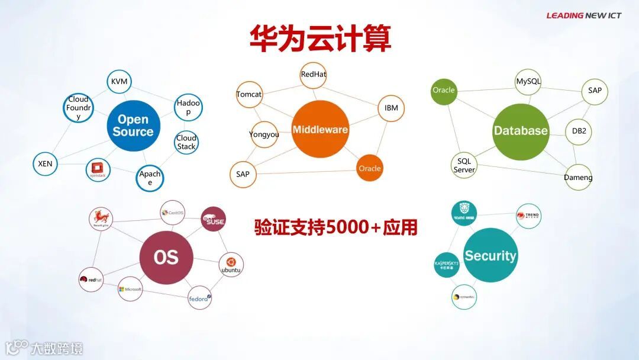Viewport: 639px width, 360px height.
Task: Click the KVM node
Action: [120, 82]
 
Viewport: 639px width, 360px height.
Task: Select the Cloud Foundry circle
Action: [78, 108]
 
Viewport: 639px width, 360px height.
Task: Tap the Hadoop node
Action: [189, 108]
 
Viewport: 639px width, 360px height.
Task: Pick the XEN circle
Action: [45, 164]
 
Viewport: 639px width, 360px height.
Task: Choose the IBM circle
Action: [391, 108]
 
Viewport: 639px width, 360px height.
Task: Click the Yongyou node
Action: [264, 134]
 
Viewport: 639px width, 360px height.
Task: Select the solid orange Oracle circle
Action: [370, 169]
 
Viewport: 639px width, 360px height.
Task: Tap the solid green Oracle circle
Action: [444, 91]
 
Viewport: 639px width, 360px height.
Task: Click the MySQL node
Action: [528, 82]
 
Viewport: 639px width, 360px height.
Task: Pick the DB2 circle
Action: [579, 131]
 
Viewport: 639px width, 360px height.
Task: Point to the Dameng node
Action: [578, 177]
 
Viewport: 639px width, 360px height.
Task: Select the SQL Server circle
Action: [464, 166]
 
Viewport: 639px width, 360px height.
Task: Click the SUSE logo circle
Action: [213, 219]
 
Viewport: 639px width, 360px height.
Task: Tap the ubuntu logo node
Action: [231, 265]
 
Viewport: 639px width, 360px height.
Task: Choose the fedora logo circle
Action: [200, 297]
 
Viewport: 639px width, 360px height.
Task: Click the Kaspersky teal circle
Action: [447, 265]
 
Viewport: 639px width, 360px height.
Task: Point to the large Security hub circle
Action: [490, 255]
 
